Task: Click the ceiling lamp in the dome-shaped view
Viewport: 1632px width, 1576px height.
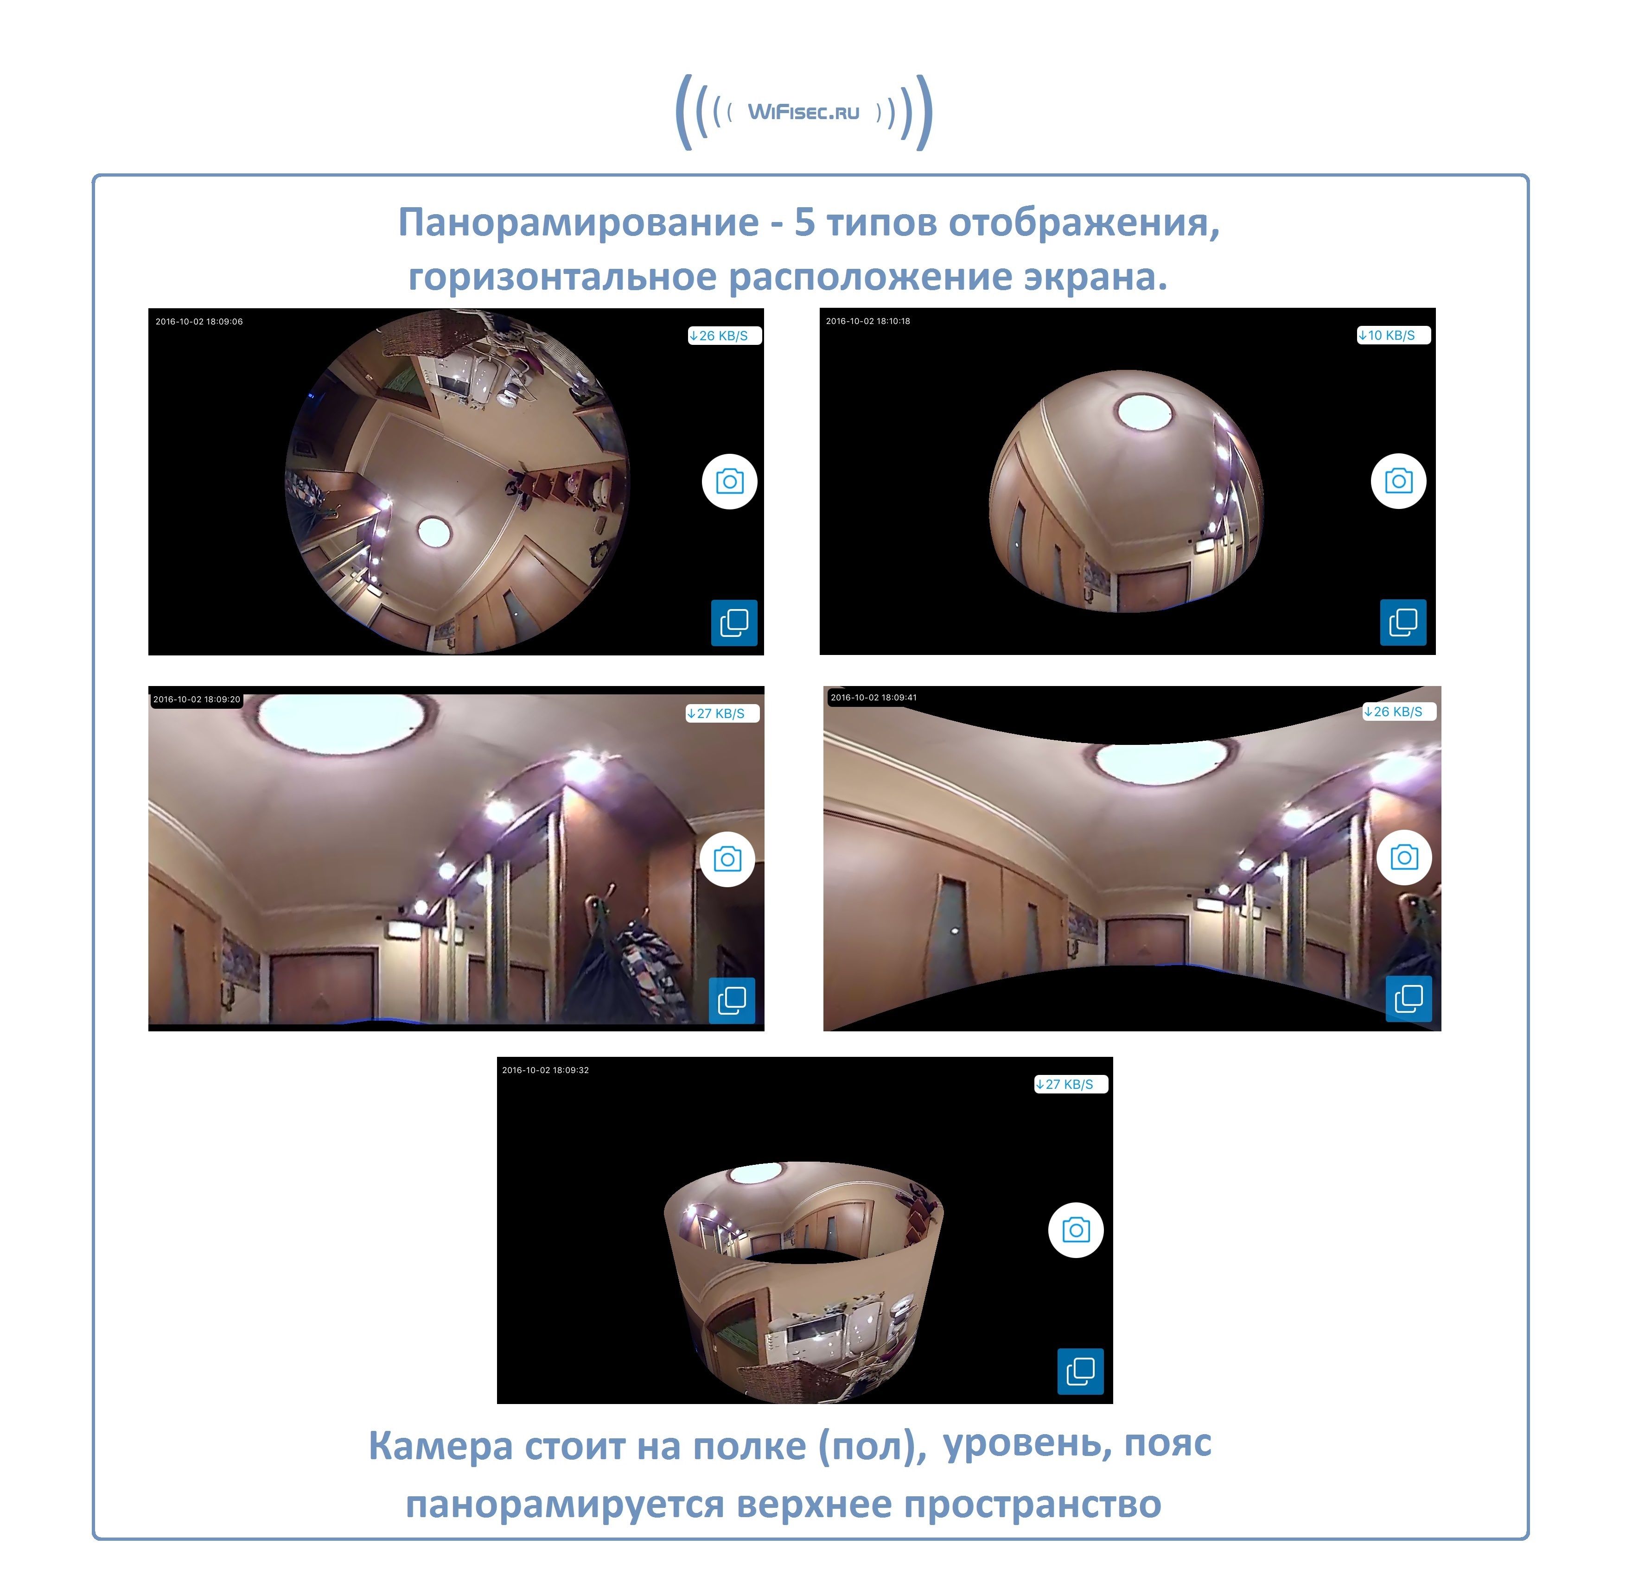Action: (1144, 412)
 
